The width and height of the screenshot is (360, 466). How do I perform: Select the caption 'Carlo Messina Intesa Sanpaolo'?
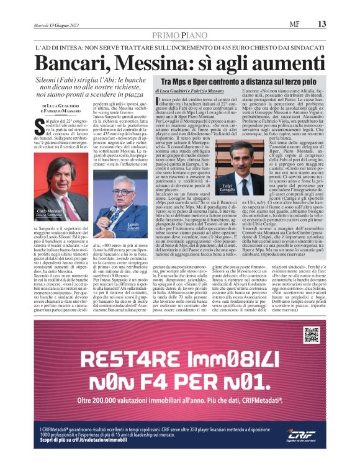tap(50, 231)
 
